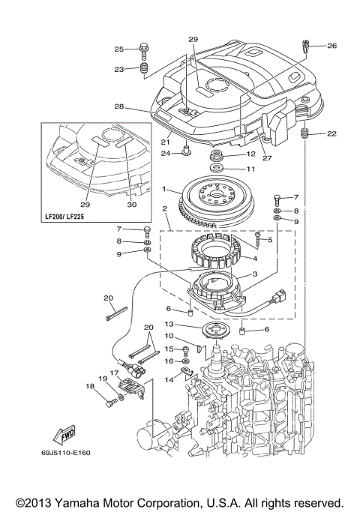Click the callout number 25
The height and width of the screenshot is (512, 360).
pyautogui.click(x=118, y=49)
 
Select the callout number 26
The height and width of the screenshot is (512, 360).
pyautogui.click(x=331, y=45)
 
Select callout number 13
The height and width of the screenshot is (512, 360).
pyautogui.click(x=169, y=324)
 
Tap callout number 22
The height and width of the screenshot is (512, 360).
pyautogui.click(x=332, y=133)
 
